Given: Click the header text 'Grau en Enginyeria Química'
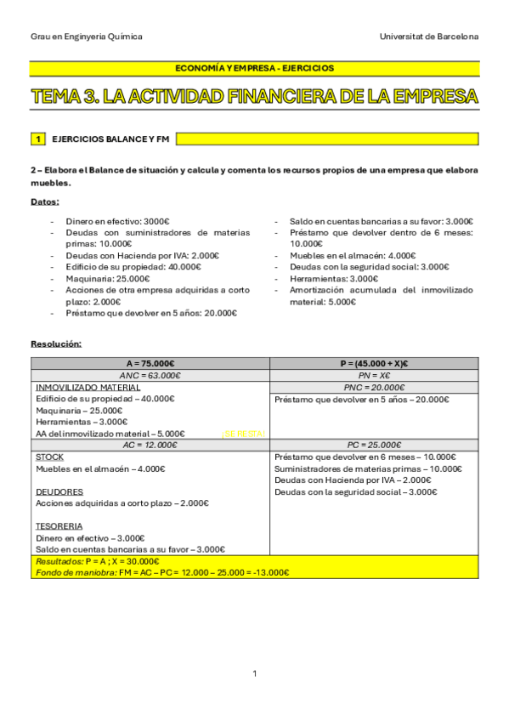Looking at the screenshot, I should coord(87,37).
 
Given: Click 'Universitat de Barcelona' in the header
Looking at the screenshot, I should coord(430,37).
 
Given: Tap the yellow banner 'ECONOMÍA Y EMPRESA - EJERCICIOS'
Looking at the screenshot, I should coord(254,68).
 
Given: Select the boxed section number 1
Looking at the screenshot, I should coord(37,138).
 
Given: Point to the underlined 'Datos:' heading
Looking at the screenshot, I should coord(45,202).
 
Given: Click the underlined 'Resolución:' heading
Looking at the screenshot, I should coord(56,343).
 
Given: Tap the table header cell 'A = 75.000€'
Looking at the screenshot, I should coord(150,363).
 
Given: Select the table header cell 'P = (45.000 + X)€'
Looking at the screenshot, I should coord(374,363).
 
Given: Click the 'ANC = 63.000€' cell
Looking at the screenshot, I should coord(150,375).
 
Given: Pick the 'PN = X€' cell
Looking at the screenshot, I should coord(374,375).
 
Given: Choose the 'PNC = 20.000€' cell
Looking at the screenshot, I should coord(374,387).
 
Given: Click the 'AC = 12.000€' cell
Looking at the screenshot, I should coord(150,445).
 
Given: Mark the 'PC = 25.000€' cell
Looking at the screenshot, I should coord(374,445).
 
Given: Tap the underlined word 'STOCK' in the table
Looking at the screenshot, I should coord(49,457).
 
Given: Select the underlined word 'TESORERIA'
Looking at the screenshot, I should coord(59,525).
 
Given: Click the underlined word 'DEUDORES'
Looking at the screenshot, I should coord(59,491).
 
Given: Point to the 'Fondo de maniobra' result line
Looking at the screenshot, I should coord(161,572).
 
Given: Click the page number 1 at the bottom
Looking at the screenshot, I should coord(254,673).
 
